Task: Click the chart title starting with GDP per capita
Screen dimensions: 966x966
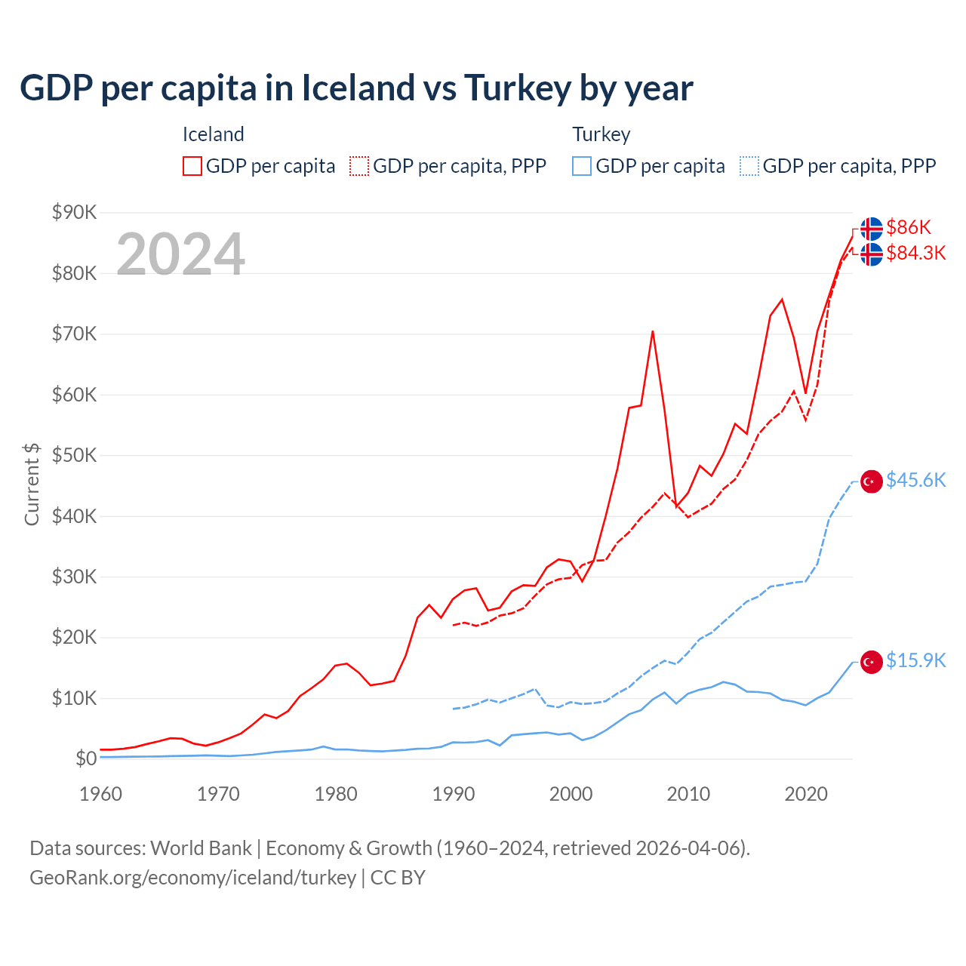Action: pos(356,88)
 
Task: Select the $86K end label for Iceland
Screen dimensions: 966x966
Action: pos(909,227)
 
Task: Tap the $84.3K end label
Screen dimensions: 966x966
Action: pos(915,253)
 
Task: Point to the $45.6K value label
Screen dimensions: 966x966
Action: pos(915,480)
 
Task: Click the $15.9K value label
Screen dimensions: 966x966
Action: pos(915,660)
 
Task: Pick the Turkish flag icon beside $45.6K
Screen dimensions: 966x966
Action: pos(872,481)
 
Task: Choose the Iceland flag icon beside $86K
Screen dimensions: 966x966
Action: pos(872,229)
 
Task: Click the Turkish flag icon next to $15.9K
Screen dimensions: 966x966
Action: pos(872,662)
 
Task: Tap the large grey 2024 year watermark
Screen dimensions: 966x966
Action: pos(180,254)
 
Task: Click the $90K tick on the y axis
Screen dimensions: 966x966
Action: pos(74,212)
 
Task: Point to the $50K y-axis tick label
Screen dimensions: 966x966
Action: pos(74,455)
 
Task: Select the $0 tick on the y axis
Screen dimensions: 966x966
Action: pos(85,758)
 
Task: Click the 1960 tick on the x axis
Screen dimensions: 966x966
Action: pos(100,794)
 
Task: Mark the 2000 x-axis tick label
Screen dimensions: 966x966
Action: pos(571,794)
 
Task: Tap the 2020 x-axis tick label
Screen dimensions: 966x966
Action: pos(806,794)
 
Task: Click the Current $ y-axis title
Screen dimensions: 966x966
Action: pos(32,484)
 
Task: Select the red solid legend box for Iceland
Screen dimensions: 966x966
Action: pos(192,166)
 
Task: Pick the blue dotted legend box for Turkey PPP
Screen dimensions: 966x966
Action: pos(749,166)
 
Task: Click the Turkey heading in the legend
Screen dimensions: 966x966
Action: pos(601,134)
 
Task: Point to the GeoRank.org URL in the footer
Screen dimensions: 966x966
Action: pos(192,878)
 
